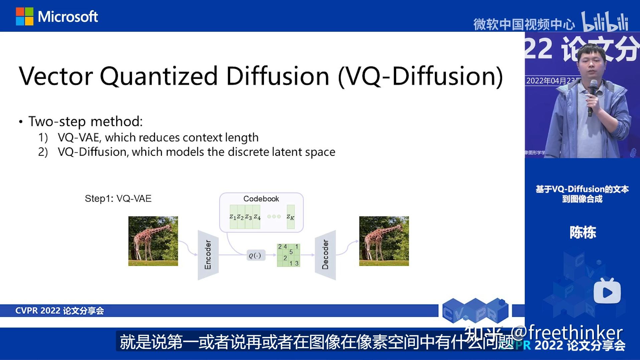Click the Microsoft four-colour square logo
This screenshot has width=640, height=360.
click(x=25, y=16)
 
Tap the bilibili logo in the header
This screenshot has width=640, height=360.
click(x=605, y=22)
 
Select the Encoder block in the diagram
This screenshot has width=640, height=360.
click(x=208, y=255)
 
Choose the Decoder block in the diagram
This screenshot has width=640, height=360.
click(x=325, y=255)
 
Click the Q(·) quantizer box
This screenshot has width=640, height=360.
click(x=256, y=256)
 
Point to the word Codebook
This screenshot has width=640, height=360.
click(x=261, y=199)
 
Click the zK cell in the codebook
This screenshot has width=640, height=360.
click(x=291, y=217)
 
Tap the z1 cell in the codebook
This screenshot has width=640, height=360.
click(x=233, y=217)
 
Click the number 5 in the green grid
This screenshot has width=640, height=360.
click(x=291, y=252)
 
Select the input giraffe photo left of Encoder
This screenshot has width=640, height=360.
click(x=153, y=241)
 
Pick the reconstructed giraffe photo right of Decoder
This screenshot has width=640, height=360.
click(x=384, y=241)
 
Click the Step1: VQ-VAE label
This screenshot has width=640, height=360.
click(x=118, y=199)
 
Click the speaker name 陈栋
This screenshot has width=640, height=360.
click(x=583, y=233)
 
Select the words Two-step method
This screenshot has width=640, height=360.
click(x=85, y=121)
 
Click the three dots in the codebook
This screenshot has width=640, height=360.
click(x=274, y=217)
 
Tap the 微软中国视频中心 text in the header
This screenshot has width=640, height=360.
click(x=524, y=24)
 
